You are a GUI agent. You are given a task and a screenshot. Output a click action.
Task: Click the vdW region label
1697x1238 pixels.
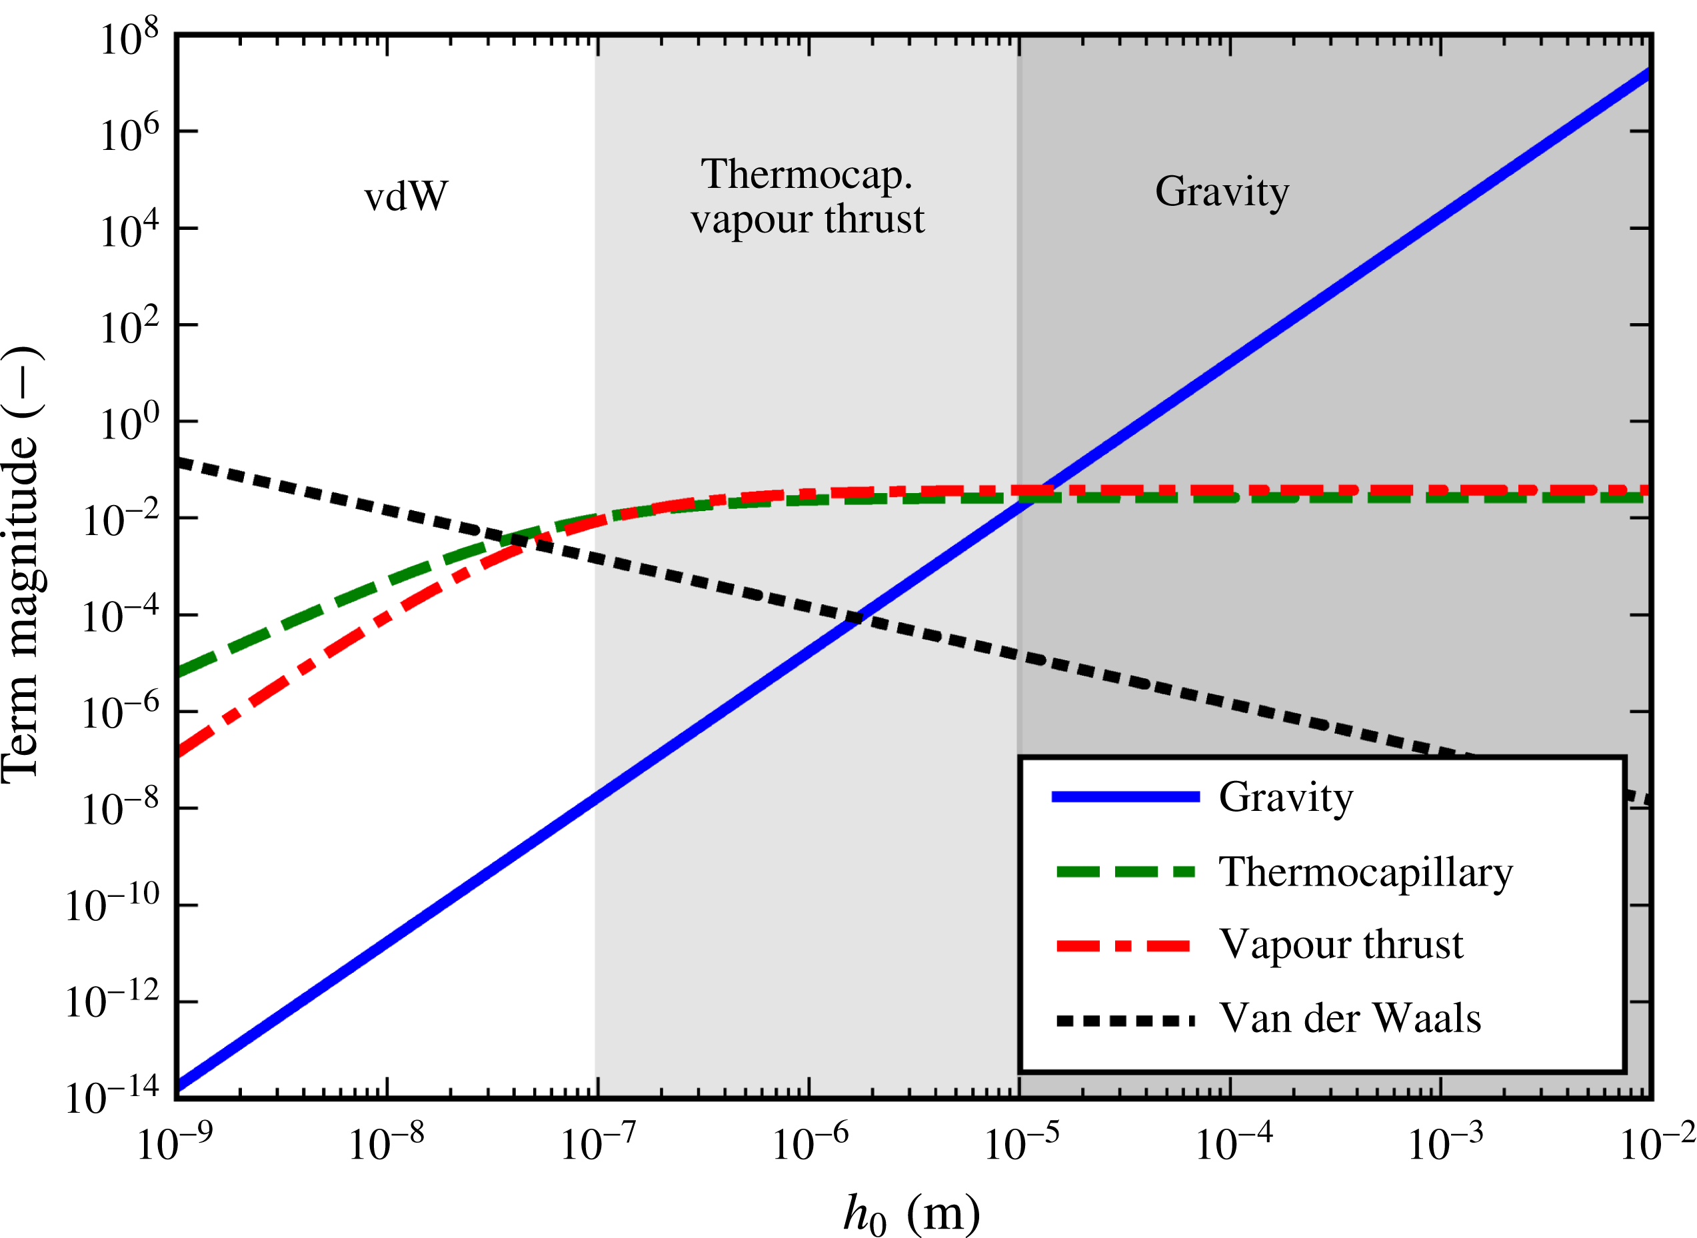point(405,197)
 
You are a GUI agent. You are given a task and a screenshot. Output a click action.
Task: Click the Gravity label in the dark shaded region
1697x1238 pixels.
point(1222,192)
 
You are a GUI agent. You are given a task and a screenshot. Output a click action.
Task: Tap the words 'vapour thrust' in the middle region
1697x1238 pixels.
point(807,220)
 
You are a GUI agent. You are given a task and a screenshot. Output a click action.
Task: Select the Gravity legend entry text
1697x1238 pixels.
point(1286,797)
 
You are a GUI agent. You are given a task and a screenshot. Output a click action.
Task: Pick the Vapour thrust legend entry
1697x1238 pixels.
point(1341,944)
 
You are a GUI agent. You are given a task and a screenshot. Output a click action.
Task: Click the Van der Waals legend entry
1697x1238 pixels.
point(1350,1018)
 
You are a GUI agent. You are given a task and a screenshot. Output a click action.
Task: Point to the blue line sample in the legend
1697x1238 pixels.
point(1125,797)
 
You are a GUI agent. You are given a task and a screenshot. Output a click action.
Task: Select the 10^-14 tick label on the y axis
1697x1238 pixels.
point(113,1098)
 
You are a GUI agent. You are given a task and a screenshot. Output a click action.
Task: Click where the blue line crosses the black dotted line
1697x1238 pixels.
point(854,618)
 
